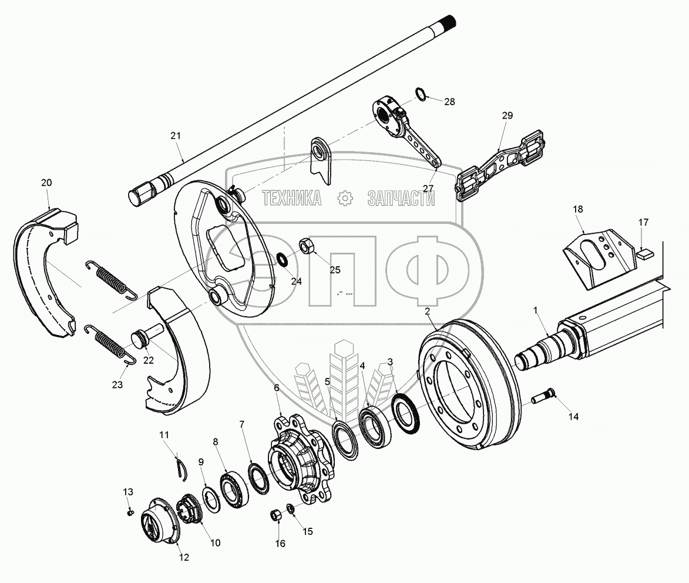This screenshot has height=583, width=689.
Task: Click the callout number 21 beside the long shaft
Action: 175,136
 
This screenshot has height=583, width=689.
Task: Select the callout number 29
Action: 507,116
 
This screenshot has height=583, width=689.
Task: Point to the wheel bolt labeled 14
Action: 543,399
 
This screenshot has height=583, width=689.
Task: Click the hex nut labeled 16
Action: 275,515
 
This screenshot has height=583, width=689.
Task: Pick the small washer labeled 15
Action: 290,508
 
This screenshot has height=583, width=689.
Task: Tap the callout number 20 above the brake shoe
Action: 46,183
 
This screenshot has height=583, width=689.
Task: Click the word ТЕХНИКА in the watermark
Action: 292,199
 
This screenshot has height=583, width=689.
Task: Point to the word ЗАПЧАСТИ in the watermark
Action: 401,199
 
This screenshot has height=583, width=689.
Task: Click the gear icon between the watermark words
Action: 345,199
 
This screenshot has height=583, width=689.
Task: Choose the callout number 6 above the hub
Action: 277,387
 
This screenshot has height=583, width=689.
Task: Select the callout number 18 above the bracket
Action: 578,209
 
